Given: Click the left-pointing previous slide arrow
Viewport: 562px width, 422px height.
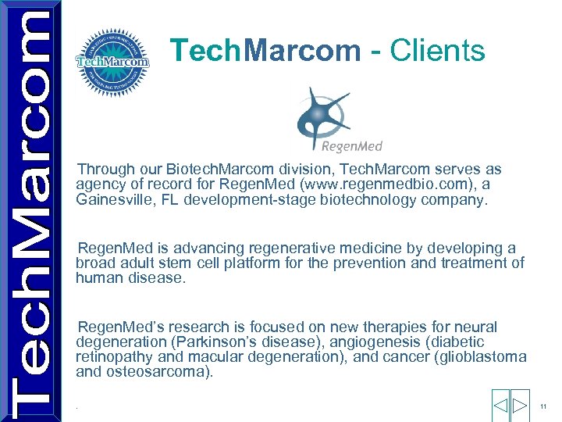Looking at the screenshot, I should pos(500,406).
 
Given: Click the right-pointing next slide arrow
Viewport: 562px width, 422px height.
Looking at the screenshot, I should pos(521,406).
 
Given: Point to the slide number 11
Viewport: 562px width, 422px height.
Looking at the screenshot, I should pos(544,406).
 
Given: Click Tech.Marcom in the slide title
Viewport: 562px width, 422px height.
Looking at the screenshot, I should pos(265,51).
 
